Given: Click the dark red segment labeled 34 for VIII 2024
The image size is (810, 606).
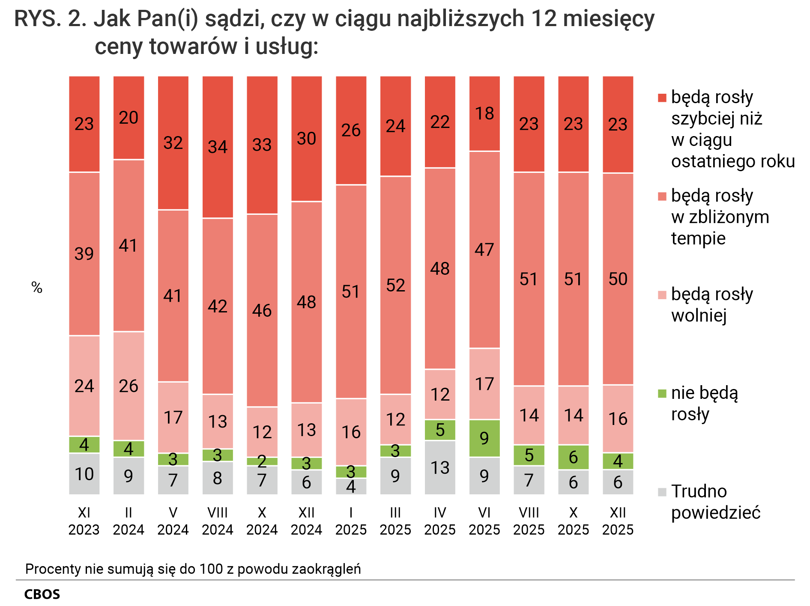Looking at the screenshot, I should tap(218, 147).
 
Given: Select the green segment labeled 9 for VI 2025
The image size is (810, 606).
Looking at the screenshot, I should tap(484, 438).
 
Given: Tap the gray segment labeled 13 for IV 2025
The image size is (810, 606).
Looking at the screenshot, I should tap(440, 467).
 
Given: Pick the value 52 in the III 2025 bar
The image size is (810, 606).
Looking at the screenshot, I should tap(395, 285).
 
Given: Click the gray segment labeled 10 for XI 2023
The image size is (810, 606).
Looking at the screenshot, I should tap(84, 474).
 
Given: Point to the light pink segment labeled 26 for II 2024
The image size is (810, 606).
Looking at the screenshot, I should tap(129, 386).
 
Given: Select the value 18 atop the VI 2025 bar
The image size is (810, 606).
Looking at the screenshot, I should tap(484, 113).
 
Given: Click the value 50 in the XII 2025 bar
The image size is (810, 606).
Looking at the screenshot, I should tap(618, 279).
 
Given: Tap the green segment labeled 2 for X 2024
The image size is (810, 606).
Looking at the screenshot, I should tap(262, 461).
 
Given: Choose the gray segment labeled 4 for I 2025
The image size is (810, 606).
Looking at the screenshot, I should tap(351, 487).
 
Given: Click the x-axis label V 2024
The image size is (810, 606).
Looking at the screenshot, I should tap(173, 521).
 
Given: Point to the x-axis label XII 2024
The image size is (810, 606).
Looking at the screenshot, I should tap(306, 521).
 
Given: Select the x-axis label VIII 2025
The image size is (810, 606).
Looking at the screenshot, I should tap(529, 521).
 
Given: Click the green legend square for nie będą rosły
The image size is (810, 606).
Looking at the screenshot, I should tap(662, 393).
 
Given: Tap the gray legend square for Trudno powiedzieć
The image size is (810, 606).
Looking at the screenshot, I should tap(662, 492).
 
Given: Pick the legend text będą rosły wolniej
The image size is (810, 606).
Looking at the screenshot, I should tap(711, 305).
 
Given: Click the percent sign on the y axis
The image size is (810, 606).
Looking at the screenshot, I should tap(37, 288).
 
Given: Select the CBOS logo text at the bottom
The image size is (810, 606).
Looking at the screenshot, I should tap(42, 594).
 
